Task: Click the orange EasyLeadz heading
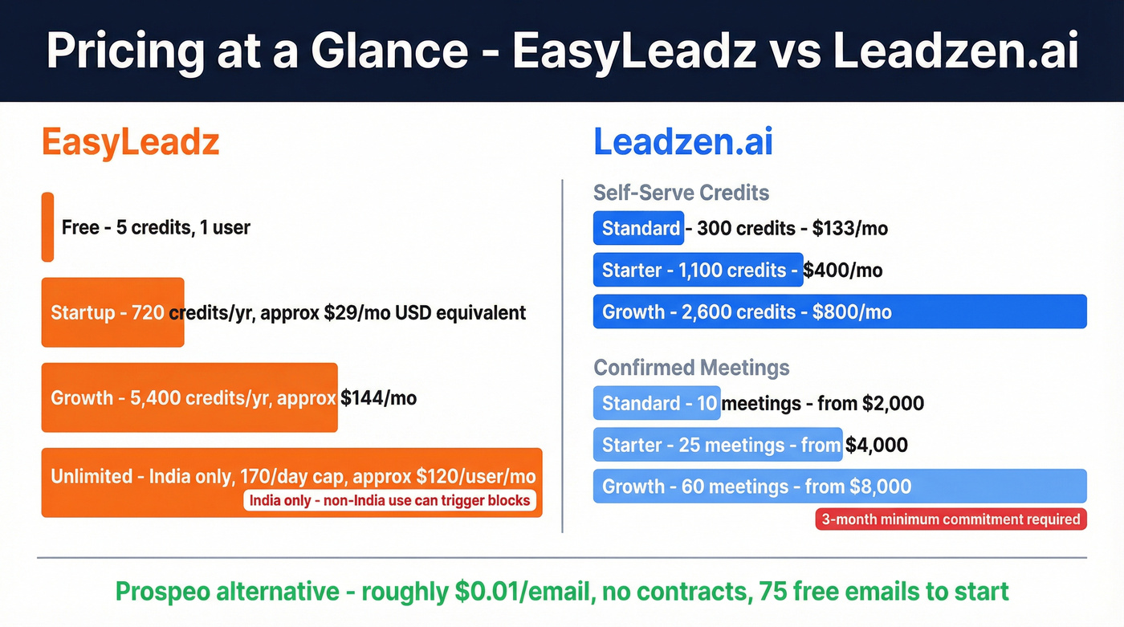pos(130,143)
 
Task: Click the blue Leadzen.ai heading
pos(682,143)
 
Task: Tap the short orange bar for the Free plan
pos(47,227)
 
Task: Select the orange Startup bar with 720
pos(112,312)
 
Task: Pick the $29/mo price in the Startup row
pos(357,312)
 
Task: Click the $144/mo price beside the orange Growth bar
pos(378,397)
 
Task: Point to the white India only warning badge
pos(389,501)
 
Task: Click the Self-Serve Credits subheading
pos(681,193)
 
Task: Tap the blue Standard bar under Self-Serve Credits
pos(638,228)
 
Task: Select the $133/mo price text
pos(849,228)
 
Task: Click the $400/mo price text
pos(843,270)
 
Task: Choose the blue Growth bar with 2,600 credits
pos(839,311)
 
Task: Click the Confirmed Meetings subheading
pos(691,368)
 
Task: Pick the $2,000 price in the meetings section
pos(893,403)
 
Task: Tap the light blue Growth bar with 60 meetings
pos(839,487)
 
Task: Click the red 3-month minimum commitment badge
pos(951,519)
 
